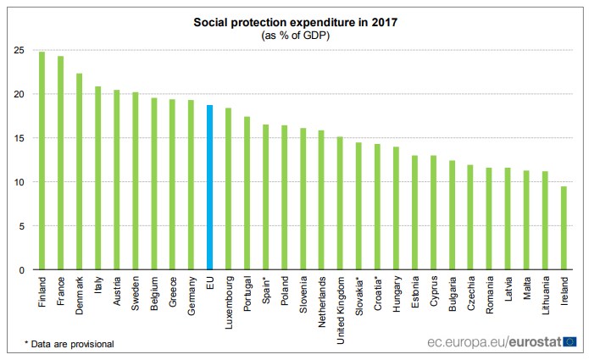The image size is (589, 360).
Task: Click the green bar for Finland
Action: [x=42, y=161]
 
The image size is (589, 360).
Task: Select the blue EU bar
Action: [x=209, y=187]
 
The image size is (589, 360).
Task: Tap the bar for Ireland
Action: [x=564, y=228]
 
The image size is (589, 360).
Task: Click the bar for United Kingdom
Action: [x=340, y=203]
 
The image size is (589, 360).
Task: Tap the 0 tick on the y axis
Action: [x=20, y=270]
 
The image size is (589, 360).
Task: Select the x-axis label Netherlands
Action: [x=321, y=296]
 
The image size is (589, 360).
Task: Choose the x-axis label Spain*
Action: [x=265, y=289]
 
